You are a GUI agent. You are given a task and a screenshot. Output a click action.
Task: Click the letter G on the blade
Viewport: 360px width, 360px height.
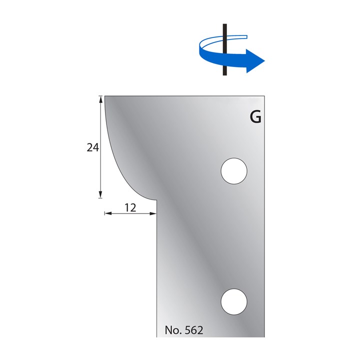click(255, 118)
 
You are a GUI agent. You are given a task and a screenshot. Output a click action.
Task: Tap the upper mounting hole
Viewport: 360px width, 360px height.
click(234, 171)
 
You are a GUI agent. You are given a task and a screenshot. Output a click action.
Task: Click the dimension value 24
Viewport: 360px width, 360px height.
click(92, 147)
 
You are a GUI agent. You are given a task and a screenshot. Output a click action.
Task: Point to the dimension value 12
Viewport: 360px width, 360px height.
click(130, 208)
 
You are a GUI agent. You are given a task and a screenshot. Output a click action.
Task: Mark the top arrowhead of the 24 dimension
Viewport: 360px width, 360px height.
click(101, 98)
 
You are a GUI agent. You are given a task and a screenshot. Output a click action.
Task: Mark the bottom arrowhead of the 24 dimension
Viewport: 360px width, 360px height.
click(101, 195)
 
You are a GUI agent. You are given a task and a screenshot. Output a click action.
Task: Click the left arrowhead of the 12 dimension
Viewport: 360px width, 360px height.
click(107, 213)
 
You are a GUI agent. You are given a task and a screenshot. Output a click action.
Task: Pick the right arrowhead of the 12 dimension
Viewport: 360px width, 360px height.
click(153, 213)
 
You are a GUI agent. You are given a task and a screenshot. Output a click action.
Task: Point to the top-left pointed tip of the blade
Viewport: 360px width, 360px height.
click(105, 96)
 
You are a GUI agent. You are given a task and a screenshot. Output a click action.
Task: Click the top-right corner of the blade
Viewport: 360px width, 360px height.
click(263, 96)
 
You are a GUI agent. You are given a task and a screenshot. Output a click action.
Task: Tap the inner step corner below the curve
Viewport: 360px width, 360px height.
click(156, 200)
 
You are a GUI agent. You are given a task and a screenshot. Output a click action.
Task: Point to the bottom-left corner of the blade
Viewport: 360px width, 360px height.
click(157, 337)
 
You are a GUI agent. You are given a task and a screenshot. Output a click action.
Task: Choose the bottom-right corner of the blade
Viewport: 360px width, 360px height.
click(263, 337)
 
